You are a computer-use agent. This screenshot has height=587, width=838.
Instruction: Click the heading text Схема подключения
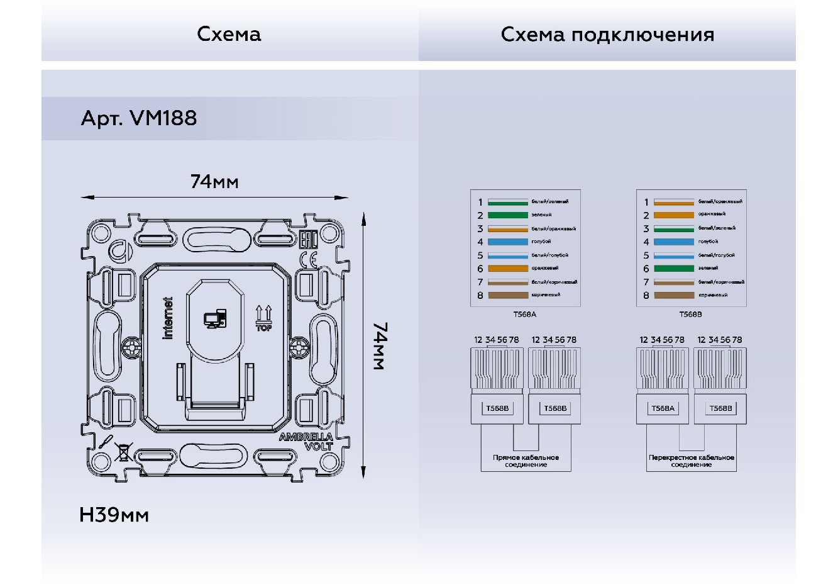(607, 34)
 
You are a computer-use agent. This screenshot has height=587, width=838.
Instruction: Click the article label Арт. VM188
(139, 118)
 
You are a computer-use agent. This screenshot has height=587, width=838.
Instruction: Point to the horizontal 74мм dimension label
(214, 182)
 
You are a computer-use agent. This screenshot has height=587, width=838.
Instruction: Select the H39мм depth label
(114, 515)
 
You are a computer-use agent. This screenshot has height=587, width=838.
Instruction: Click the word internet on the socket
(168, 318)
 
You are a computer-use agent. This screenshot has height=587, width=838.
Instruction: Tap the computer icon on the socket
(214, 319)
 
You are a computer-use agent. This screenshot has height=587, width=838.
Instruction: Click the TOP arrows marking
(263, 318)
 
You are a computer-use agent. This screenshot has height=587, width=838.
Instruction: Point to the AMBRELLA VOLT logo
(307, 442)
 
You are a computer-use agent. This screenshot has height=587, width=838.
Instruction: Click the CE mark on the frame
(308, 259)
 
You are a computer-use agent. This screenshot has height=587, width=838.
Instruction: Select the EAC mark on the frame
(307, 240)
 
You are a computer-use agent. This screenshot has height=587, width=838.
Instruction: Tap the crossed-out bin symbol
(124, 452)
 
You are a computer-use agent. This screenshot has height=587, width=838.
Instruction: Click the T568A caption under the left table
(525, 315)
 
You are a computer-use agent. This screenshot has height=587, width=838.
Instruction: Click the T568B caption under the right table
(690, 315)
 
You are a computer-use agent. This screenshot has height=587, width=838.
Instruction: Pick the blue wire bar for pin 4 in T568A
(508, 242)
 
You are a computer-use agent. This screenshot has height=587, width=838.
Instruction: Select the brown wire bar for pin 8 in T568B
(674, 295)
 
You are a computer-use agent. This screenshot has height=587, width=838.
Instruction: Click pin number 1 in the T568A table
(480, 203)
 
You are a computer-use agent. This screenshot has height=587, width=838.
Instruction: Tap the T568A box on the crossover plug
(663, 408)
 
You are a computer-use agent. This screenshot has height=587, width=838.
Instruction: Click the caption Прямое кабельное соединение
(526, 461)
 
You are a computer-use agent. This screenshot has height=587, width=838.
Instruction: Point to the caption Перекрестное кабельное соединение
(691, 461)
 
